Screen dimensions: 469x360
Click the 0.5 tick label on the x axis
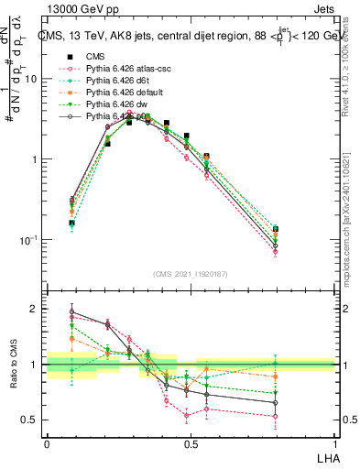coord(191,444)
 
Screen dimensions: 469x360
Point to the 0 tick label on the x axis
coord(47,444)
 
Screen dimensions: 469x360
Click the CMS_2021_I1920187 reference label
coord(191,275)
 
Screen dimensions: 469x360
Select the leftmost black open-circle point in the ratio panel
coord(72,311)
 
